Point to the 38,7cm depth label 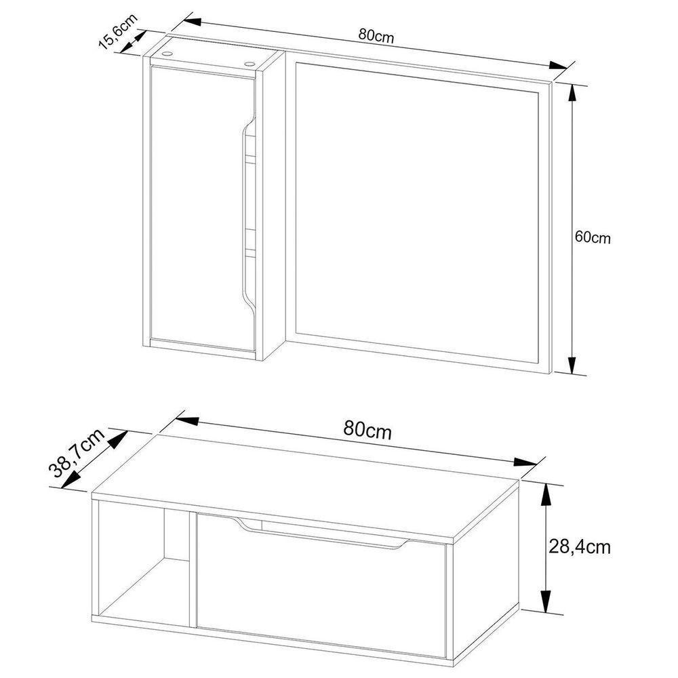[75, 454]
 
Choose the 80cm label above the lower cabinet [367, 431]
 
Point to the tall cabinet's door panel [197, 203]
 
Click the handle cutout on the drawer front [325, 534]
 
